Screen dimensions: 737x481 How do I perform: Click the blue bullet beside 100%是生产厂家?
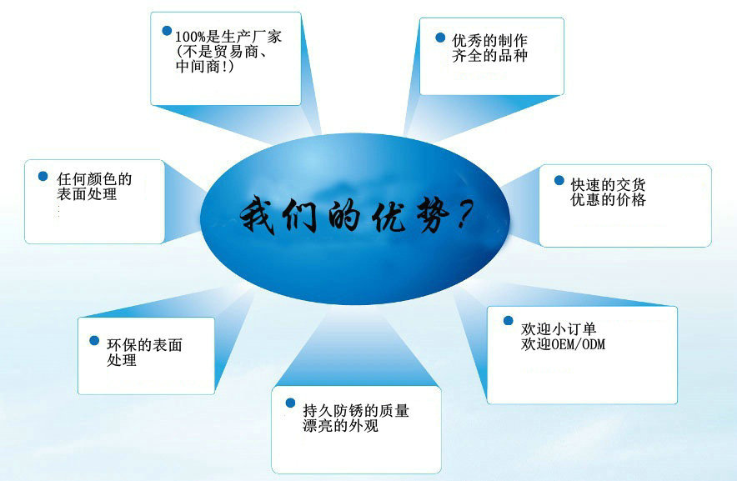click(x=167, y=31)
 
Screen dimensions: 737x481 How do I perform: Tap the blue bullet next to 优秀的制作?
click(x=440, y=38)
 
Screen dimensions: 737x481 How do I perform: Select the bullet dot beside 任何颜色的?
click(x=43, y=176)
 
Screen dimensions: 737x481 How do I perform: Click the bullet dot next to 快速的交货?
click(x=559, y=180)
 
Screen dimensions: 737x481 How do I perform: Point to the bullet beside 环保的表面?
click(x=94, y=340)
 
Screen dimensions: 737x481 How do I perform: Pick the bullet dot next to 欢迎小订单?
click(x=508, y=320)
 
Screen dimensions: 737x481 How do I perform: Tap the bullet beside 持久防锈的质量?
click(x=290, y=403)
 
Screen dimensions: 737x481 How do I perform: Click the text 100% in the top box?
click(x=190, y=36)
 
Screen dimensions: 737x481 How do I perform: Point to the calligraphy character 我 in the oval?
click(x=259, y=215)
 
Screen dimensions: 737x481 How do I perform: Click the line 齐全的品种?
click(x=489, y=56)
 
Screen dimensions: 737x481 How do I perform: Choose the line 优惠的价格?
click(x=609, y=200)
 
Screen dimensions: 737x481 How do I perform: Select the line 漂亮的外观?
click(x=340, y=426)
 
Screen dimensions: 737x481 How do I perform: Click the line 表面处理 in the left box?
click(x=87, y=193)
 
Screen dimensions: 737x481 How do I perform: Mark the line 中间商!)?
click(x=204, y=67)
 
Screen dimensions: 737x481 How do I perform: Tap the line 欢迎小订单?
click(x=559, y=328)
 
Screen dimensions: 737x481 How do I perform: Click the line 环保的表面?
click(x=144, y=345)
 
